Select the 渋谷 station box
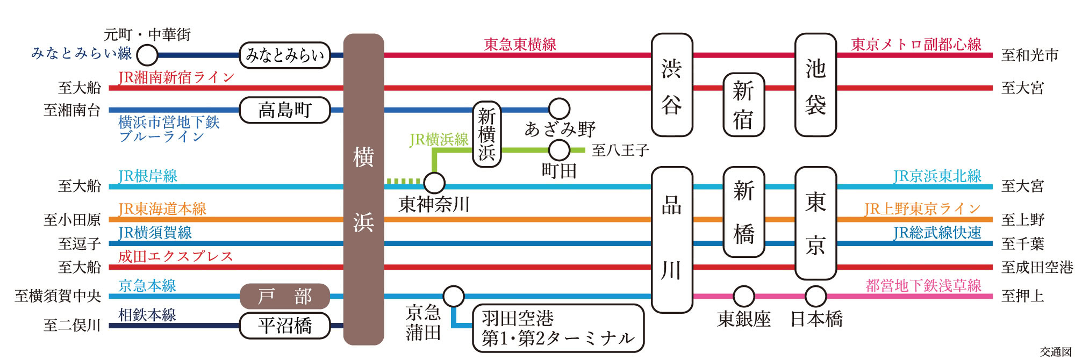pos(671,85)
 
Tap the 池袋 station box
pos(815,85)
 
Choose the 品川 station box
pos(671,239)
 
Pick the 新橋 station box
pos(743,212)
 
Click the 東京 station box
pos(815,223)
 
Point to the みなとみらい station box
pos(284,55)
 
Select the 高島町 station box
pos(284,110)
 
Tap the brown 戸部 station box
pos(284,296)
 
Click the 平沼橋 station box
pos(284,326)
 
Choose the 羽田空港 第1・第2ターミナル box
pos(558,328)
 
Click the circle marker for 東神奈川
pos(434,183)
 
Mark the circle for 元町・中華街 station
pos(147,55)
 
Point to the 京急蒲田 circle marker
pos(454,296)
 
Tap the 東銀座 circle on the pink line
pos(743,296)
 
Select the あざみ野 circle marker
pos(559,109)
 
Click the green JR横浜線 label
pos(439,140)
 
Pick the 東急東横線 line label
pos(520,44)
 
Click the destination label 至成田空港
pos(1036,267)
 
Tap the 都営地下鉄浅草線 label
pos(923,285)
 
